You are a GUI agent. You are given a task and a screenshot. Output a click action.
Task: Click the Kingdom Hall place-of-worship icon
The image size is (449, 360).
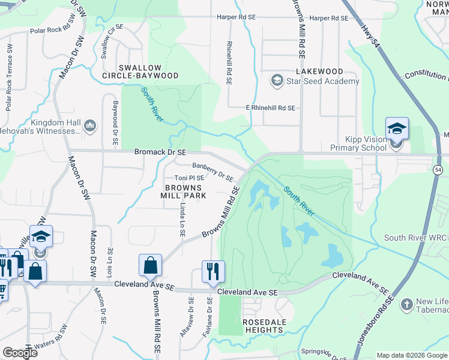[91, 126]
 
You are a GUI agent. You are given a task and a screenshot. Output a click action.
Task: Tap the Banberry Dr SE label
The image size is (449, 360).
[212, 171]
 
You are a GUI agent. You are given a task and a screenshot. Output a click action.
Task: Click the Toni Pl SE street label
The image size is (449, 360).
[189, 178]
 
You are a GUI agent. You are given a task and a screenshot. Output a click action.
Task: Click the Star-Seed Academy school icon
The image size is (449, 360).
[277, 80]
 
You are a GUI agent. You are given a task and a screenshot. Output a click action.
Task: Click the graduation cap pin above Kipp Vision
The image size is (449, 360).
[397, 128]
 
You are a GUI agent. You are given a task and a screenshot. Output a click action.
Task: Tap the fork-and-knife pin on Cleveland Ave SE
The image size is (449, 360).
[213, 271]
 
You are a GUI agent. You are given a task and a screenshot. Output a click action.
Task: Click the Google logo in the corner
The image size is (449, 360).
[20, 353]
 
